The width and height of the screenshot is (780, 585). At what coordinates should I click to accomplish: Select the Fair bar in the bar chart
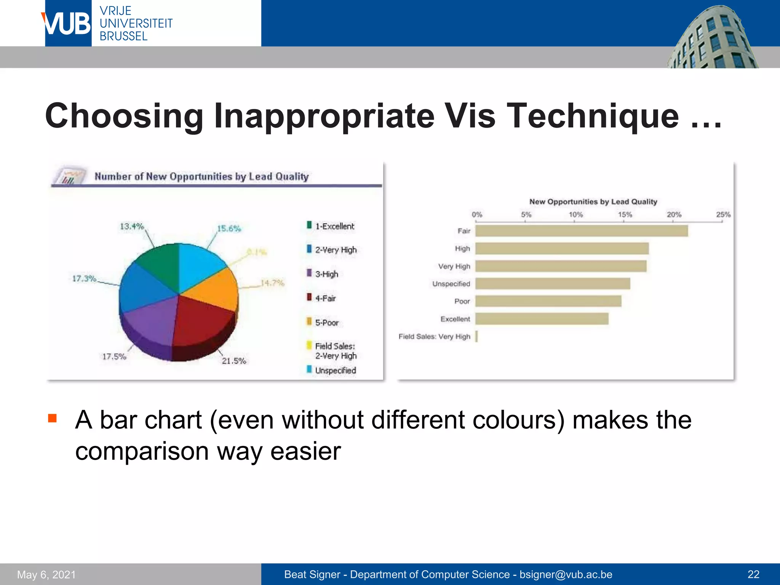pos(581,231)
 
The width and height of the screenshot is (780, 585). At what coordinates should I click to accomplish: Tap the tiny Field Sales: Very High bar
pos(476,336)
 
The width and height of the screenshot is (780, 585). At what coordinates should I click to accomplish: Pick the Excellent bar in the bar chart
pos(542,319)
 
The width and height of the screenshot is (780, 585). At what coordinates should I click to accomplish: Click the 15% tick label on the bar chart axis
pos(625,214)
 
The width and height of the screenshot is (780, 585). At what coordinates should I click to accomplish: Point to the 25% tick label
pos(723,214)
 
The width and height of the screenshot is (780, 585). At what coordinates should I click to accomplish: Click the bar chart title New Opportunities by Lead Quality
pos(593,201)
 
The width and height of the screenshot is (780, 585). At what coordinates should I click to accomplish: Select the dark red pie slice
pos(202,320)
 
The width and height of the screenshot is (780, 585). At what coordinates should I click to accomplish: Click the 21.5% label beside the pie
pos(234,361)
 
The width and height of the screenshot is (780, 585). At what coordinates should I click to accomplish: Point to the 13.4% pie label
pos(132,226)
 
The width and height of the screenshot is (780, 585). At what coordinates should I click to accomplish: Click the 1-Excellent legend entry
pos(334,226)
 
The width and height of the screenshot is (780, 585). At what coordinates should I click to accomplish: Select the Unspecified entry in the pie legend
pos(335,370)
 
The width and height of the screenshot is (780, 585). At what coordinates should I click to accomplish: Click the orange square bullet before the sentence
pos(52,419)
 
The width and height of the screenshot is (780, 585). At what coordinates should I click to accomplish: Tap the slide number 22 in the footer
pos(753,574)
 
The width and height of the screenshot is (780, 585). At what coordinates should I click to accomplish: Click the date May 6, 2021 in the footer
pos(46,574)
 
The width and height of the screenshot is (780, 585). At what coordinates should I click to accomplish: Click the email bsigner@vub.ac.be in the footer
pos(566,574)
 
